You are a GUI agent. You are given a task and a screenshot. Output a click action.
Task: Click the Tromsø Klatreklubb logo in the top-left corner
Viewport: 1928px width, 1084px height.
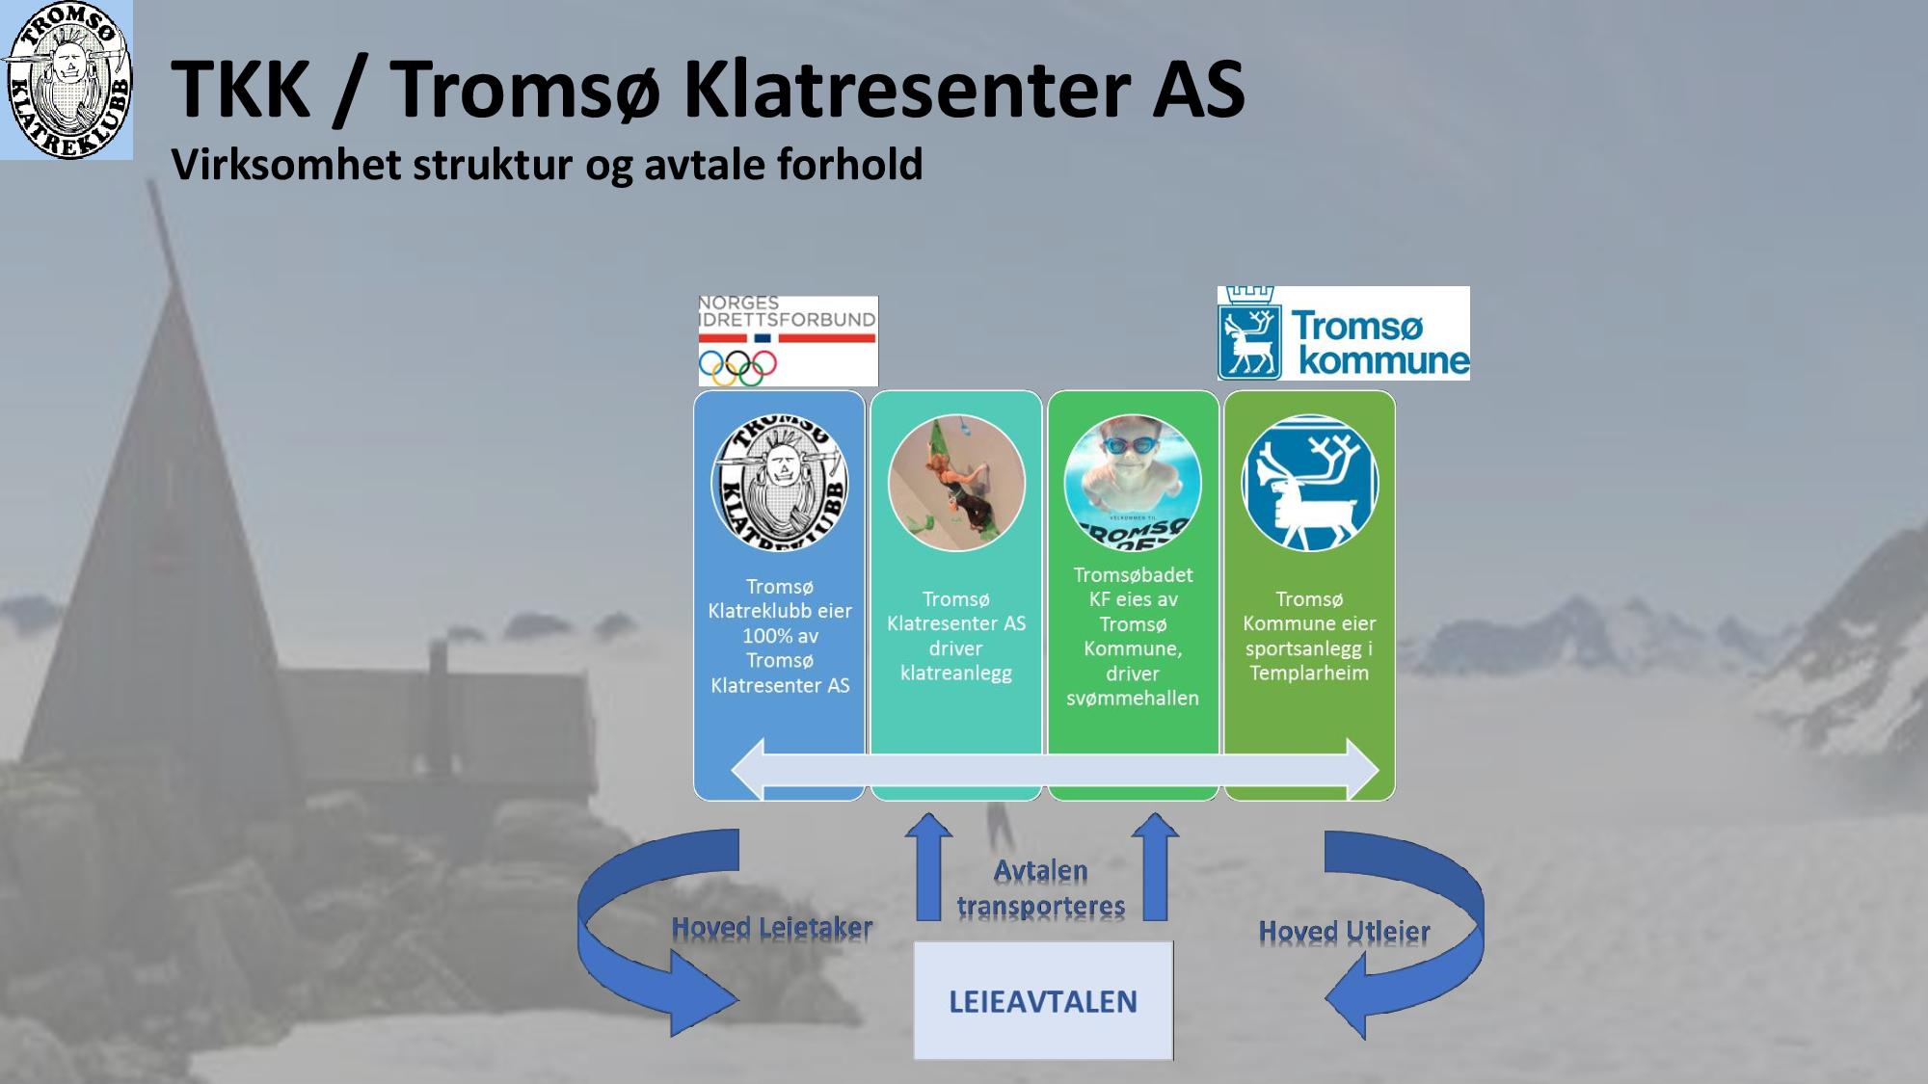[67, 80]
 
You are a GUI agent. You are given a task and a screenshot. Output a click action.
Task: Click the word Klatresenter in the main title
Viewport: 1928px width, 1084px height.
[904, 89]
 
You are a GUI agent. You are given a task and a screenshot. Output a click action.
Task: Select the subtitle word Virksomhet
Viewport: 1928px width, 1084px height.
[286, 164]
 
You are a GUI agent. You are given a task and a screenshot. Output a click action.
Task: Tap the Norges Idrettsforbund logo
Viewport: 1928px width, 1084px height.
[788, 340]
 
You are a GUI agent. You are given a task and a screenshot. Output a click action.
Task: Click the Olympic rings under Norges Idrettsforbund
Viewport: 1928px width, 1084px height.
[737, 366]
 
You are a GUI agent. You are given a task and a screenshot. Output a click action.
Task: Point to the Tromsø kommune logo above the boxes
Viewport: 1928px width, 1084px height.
[1343, 332]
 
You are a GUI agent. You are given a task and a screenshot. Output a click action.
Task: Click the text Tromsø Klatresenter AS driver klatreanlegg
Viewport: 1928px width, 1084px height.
[956, 636]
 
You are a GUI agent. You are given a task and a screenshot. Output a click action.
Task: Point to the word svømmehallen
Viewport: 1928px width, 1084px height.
[1133, 698]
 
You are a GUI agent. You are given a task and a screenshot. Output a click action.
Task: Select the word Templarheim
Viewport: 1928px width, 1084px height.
[1309, 673]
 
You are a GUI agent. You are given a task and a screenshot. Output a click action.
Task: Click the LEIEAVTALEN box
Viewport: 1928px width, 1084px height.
[1043, 1000]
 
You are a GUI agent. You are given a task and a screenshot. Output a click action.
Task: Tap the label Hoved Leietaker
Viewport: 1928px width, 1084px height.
[772, 928]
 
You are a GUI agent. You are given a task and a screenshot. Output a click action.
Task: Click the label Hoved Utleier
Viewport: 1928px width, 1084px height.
[1345, 932]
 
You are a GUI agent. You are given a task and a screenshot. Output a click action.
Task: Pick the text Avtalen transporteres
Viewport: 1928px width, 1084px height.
[1041, 888]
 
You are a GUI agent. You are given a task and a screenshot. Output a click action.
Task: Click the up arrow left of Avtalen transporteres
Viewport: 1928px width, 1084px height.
[928, 866]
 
